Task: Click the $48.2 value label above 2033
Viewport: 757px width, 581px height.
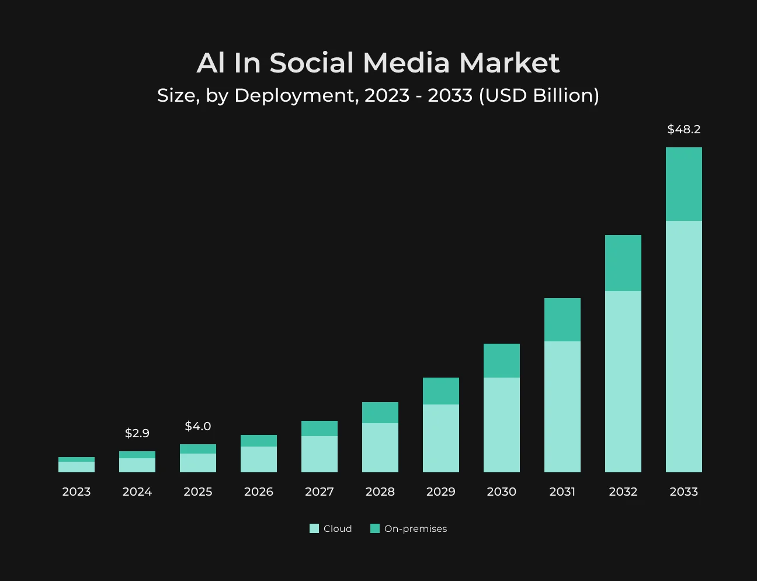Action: tap(683, 129)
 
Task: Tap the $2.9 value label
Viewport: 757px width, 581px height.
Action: tap(137, 433)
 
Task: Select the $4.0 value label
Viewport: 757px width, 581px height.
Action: tap(198, 426)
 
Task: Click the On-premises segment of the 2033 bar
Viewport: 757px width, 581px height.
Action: tap(684, 184)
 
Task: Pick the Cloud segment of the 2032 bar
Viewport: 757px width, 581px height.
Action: tap(623, 382)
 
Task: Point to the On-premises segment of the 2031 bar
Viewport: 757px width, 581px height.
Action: tap(562, 320)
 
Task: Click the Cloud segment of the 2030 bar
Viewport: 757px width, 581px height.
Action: tap(502, 425)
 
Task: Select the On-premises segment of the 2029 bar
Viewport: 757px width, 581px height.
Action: tap(440, 391)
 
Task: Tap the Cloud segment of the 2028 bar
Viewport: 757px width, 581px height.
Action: tap(380, 448)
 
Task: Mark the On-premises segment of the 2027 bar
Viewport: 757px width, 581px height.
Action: tap(320, 428)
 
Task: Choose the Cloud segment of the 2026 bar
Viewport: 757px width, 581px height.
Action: tap(259, 459)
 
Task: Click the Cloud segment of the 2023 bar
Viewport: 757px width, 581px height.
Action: tap(77, 467)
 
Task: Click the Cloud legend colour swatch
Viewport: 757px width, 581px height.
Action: tap(314, 528)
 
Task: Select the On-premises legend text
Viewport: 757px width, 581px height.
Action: tap(415, 529)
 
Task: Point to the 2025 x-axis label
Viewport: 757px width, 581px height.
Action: tap(198, 492)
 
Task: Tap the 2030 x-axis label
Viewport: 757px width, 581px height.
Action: tap(502, 492)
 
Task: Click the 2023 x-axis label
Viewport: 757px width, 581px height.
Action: tap(77, 492)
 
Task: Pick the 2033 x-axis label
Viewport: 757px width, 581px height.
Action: tap(683, 492)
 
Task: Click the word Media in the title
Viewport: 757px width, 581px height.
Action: tap(406, 63)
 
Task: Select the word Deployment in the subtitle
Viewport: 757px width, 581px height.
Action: tap(297, 96)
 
